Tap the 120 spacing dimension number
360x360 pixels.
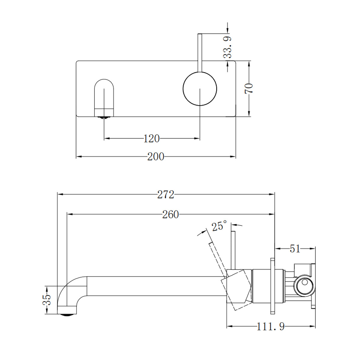coord(151,139)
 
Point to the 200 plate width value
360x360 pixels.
coord(156,157)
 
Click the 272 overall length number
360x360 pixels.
coord(166,195)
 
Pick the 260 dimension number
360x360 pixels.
coord(170,214)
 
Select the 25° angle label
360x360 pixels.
coord(219,226)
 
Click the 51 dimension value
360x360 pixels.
coord(295,249)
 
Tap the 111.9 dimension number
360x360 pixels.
coord(271,326)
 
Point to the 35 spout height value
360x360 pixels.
coord(47,300)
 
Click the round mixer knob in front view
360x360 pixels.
coord(200,89)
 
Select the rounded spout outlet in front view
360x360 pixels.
coord(104,96)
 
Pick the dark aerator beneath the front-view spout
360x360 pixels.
coord(104,118)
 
